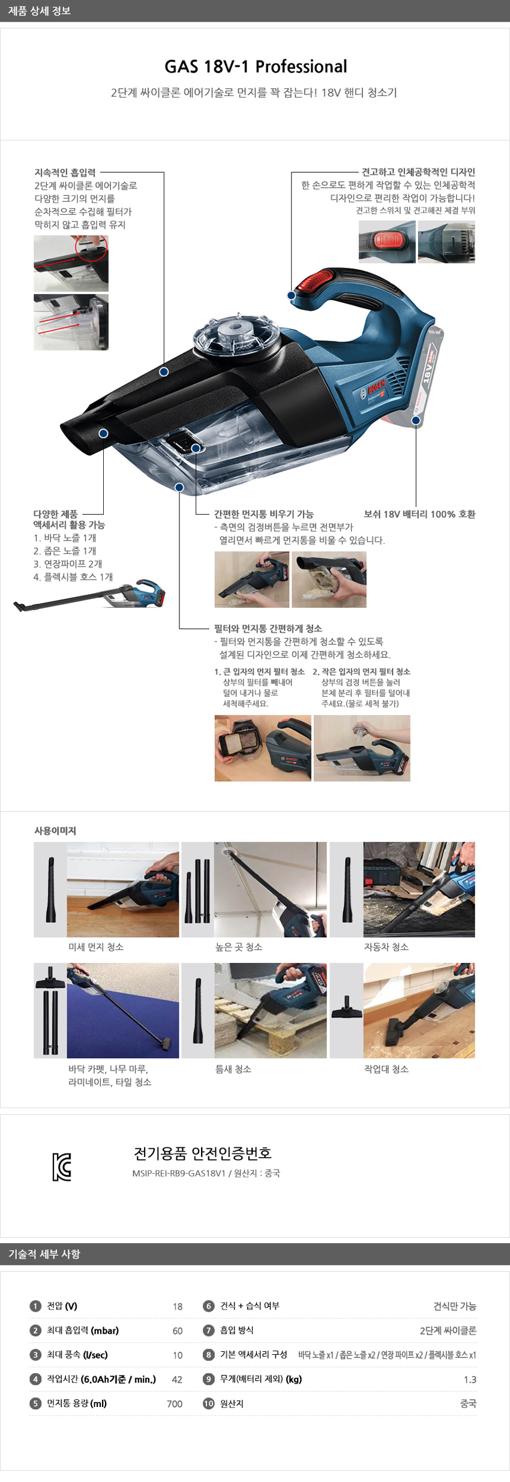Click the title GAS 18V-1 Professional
256,67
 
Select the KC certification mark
61,1167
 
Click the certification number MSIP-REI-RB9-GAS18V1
179,1173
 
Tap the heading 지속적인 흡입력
65,173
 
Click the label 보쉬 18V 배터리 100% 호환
419,514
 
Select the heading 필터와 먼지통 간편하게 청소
268,628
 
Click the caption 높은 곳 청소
239,947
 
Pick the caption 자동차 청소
386,947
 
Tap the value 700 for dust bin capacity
175,1404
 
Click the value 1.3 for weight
470,1379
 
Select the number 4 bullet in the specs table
35,1379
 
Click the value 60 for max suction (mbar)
178,1331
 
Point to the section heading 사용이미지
55,830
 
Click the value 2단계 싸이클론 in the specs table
448,1331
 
